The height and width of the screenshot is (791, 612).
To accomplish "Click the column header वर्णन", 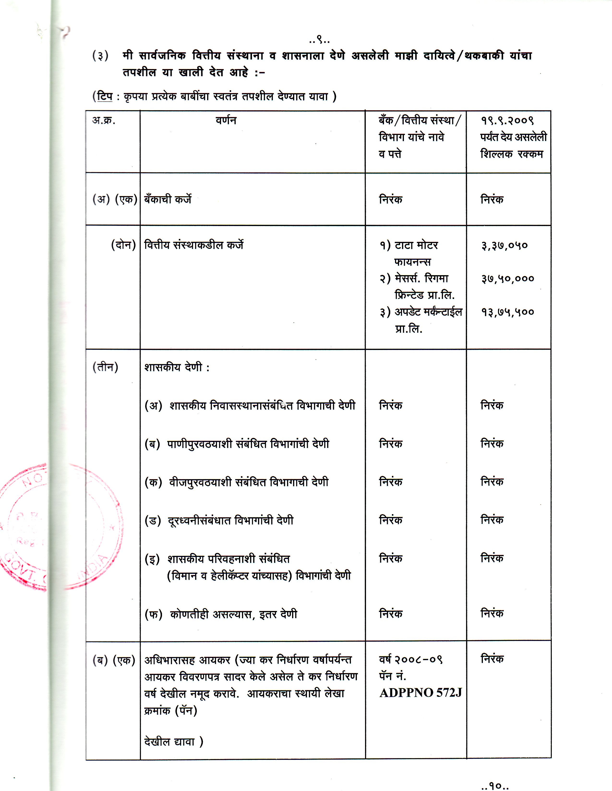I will coord(226,120).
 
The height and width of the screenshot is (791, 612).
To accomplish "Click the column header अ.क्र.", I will coord(104,120).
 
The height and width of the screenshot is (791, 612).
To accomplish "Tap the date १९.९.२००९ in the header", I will coord(507,120).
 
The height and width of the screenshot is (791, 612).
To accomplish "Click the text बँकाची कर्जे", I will coord(168,199).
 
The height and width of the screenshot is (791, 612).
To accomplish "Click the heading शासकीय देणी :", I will coord(177,367).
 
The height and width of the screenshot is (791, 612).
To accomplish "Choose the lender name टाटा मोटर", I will coord(416,245).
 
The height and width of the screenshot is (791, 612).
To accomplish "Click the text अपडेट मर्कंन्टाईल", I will coord(428,312).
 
